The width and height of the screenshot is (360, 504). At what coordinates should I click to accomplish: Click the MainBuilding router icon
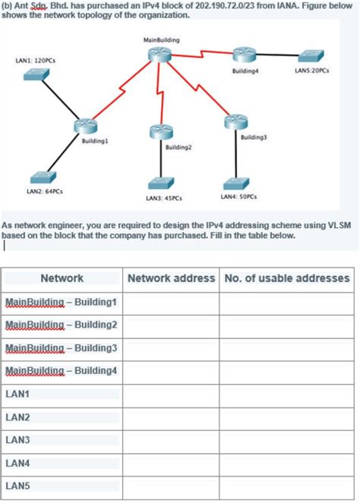[161, 53]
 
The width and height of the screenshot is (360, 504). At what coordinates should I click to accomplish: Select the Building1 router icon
[87, 128]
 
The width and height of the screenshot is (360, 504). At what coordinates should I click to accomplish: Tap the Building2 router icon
[159, 132]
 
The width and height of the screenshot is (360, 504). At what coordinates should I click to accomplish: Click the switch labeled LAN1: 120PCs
[36, 74]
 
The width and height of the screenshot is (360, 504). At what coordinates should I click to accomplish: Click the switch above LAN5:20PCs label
[311, 55]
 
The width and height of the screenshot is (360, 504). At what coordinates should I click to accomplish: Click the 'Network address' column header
[171, 278]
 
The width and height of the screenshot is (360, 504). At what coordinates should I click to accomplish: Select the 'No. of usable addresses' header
[286, 278]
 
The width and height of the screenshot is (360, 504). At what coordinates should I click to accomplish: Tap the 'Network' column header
[62, 278]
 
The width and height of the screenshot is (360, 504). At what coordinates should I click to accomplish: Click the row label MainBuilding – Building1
[62, 303]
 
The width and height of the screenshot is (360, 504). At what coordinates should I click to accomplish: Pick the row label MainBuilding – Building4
[62, 372]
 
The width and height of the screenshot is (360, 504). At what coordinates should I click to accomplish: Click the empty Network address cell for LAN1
[171, 395]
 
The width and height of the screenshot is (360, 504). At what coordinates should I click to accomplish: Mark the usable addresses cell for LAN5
[286, 486]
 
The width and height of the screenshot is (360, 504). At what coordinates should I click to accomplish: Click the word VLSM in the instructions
[340, 226]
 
